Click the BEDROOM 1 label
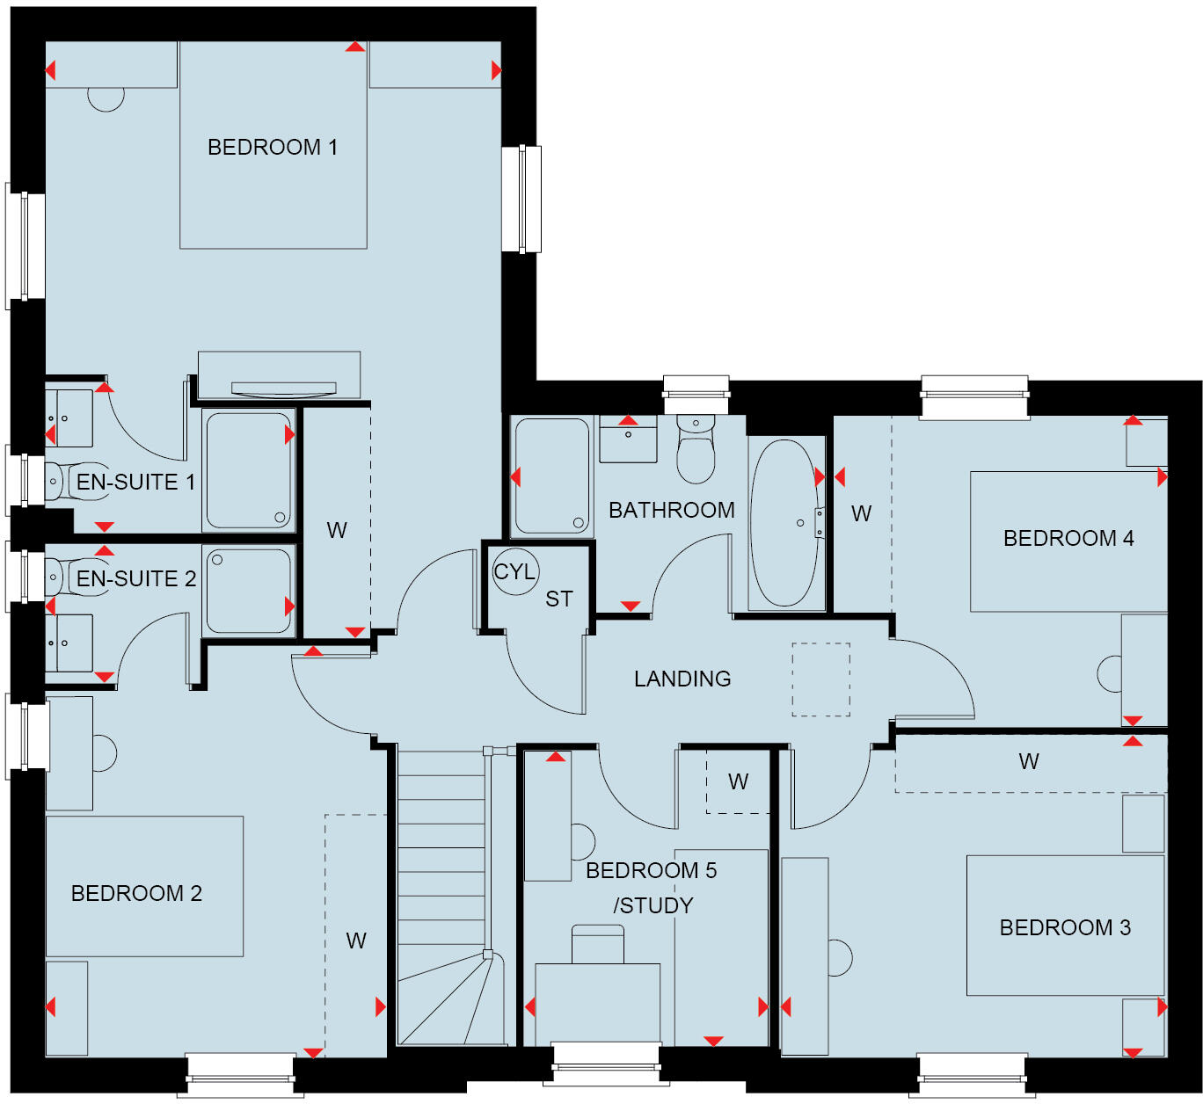272,147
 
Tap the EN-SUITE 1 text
135,482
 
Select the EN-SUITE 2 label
135,578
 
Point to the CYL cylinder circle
514,571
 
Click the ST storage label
559,599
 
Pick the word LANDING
682,679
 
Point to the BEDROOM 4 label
1068,538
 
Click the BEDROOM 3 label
1065,927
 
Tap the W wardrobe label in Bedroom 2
356,941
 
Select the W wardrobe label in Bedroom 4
862,514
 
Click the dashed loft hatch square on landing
820,679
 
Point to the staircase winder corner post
487,955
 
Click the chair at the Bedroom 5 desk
598,944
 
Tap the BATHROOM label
671,510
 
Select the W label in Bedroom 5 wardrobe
739,781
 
